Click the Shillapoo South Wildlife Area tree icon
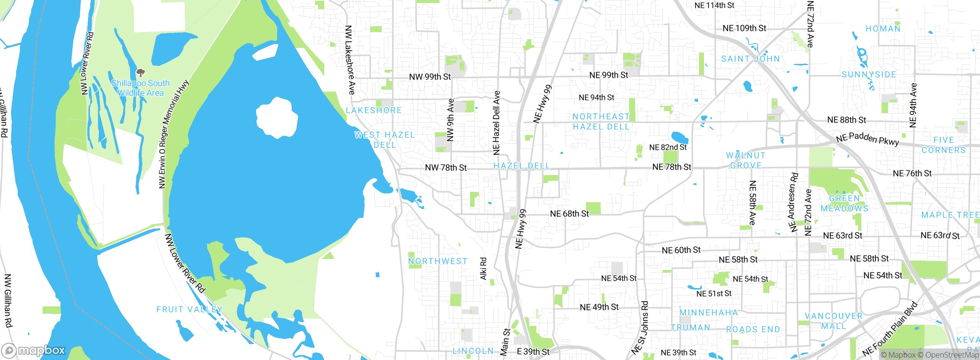[140, 72]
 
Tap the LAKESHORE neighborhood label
[374, 110]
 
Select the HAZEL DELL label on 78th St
[522, 166]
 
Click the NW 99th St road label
[430, 77]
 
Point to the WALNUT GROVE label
[746, 160]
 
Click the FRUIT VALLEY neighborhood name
[189, 309]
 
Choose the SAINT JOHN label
[750, 59]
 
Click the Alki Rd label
[483, 268]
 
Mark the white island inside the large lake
[277, 118]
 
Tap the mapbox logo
[34, 350]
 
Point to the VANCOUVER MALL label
[834, 321]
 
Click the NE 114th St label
[714, 5]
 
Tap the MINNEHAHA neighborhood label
[709, 313]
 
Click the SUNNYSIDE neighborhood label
[869, 75]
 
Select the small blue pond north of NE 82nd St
[679, 137]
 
